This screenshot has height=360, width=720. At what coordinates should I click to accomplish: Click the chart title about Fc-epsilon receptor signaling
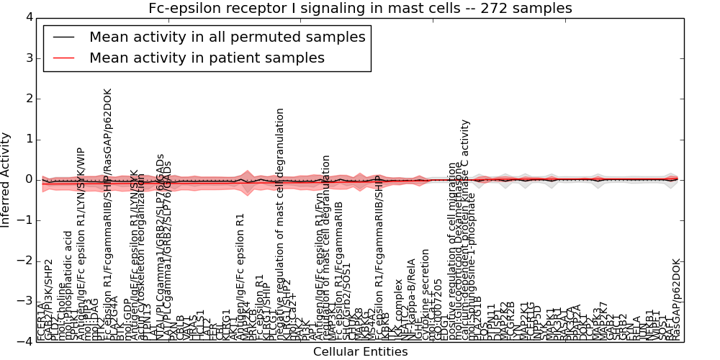360,9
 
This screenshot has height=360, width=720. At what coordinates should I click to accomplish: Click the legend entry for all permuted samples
227,37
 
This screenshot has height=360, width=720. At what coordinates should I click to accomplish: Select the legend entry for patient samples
207,58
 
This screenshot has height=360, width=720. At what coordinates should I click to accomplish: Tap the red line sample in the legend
63,58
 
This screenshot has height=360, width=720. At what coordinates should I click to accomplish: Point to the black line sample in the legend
63,37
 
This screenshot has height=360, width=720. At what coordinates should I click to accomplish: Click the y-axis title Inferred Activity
6,179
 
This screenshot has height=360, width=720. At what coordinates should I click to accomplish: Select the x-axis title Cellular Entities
360,352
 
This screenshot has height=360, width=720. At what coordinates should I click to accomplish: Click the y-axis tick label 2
28,99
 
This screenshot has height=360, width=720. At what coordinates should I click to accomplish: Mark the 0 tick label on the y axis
28,179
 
